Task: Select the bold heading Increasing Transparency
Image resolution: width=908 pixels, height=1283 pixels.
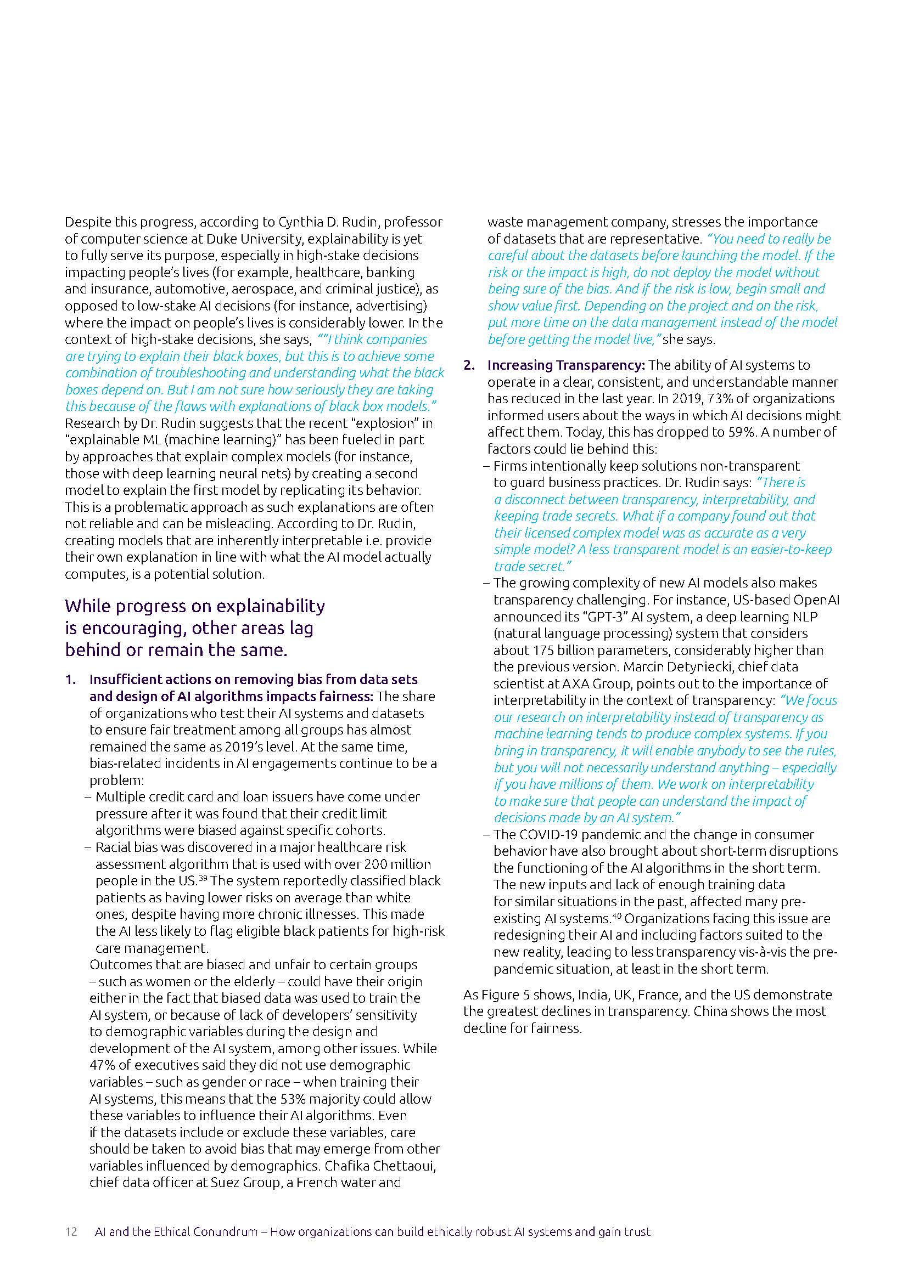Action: click(566, 365)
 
